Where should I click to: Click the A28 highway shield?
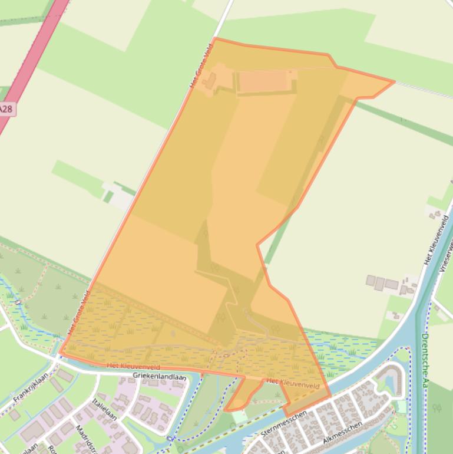(5, 109)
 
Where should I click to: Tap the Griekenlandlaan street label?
(160, 376)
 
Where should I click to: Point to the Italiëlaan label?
(104, 409)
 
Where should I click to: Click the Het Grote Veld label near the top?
(200, 69)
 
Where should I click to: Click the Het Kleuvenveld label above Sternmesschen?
(293, 384)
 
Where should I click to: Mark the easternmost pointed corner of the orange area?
(394, 81)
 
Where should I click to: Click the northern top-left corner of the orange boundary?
(215, 38)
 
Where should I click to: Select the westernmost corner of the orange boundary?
(60, 353)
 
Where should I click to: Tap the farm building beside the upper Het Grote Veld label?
(210, 81)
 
